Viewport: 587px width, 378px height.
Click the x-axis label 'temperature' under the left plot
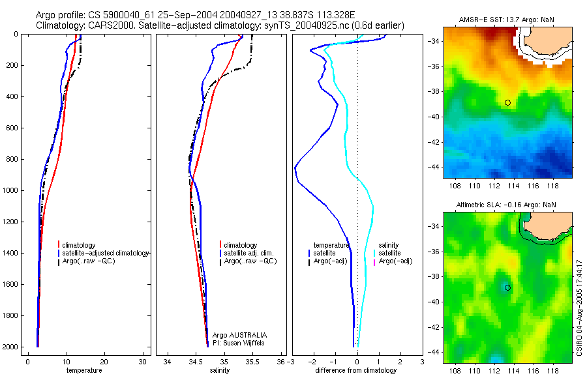(x=84, y=371)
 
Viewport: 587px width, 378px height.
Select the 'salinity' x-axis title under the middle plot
(x=220, y=371)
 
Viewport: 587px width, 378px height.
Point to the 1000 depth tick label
(x=10, y=190)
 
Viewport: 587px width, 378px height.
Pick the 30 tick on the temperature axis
(x=143, y=362)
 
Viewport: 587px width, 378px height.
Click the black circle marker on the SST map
(x=507, y=102)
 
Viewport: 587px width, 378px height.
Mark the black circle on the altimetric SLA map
(x=507, y=287)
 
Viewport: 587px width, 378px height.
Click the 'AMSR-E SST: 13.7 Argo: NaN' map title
(x=507, y=20)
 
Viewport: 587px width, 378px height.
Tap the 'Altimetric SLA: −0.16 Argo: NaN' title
(x=507, y=205)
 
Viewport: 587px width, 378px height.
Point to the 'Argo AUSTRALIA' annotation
(x=239, y=335)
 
